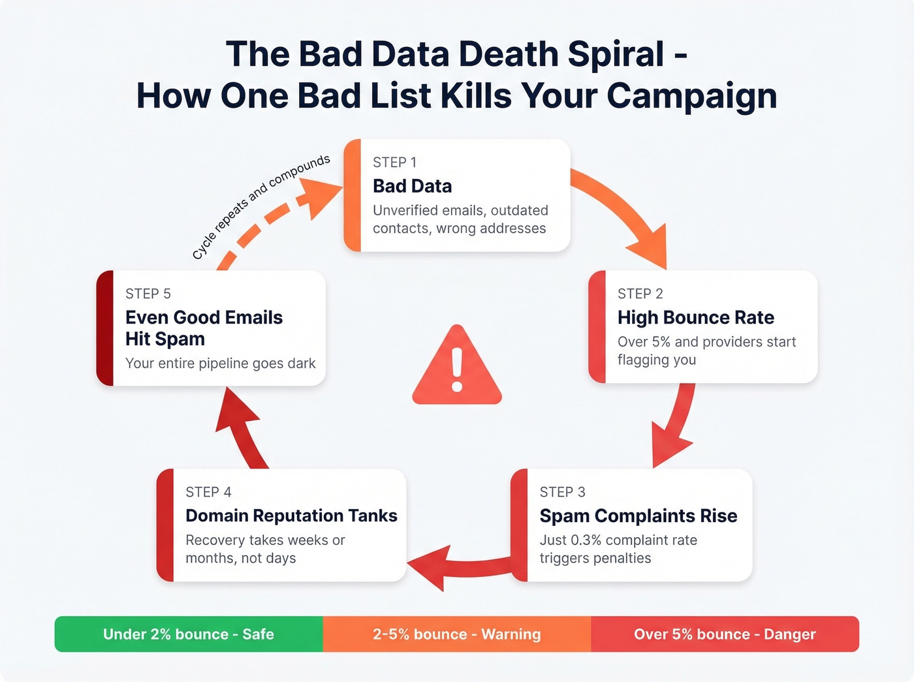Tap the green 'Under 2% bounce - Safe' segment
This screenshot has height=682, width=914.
pos(189,634)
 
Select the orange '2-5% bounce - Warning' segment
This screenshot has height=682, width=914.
pos(457,634)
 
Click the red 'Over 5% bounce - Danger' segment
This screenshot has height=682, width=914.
pos(725,634)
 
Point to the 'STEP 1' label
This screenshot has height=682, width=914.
pos(394,162)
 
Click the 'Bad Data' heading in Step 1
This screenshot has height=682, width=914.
pos(412,186)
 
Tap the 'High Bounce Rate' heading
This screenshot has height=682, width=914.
pos(695,317)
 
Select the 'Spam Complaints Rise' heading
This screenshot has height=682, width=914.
pos(638,516)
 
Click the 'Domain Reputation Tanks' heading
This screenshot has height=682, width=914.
pos(291,516)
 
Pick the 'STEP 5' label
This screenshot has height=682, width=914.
pos(148,294)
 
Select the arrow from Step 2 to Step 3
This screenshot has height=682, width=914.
pos(676,424)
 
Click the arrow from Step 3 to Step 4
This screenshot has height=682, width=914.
pos(457,565)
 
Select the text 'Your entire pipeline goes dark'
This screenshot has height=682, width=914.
pos(220,364)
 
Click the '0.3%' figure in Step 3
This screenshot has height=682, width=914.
pos(586,540)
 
